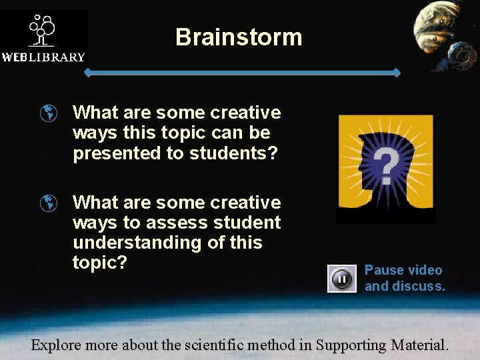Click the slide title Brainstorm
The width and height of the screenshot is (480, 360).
239,37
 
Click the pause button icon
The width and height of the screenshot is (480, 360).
341,279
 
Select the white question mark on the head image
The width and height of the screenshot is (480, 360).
386,165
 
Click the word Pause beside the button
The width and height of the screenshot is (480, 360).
384,270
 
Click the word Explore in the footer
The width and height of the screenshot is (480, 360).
57,345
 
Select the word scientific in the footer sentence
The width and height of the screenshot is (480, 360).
211,345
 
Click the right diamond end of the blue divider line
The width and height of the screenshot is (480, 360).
396,72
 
